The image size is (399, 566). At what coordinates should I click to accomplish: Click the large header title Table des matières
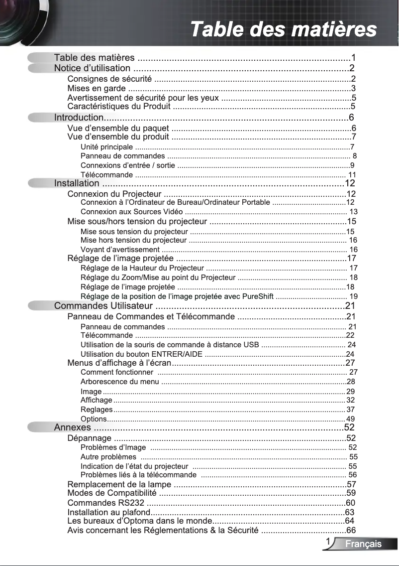(x=284, y=29)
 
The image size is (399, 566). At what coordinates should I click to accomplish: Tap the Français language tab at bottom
(x=364, y=544)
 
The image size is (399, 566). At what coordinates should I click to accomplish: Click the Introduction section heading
(x=79, y=118)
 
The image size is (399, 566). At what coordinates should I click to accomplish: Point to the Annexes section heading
(x=72, y=427)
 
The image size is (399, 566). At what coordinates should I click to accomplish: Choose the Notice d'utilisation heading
(x=92, y=68)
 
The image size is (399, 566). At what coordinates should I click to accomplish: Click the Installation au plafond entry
(x=109, y=512)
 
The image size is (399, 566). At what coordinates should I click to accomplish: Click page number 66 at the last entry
(x=351, y=530)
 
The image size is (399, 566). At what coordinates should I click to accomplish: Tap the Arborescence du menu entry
(x=119, y=382)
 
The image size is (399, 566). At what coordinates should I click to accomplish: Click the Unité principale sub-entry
(x=106, y=147)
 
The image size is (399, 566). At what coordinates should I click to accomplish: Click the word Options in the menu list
(x=93, y=419)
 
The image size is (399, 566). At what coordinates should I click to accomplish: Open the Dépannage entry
(x=89, y=438)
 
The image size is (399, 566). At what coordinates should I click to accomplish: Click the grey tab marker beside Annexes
(x=40, y=427)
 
